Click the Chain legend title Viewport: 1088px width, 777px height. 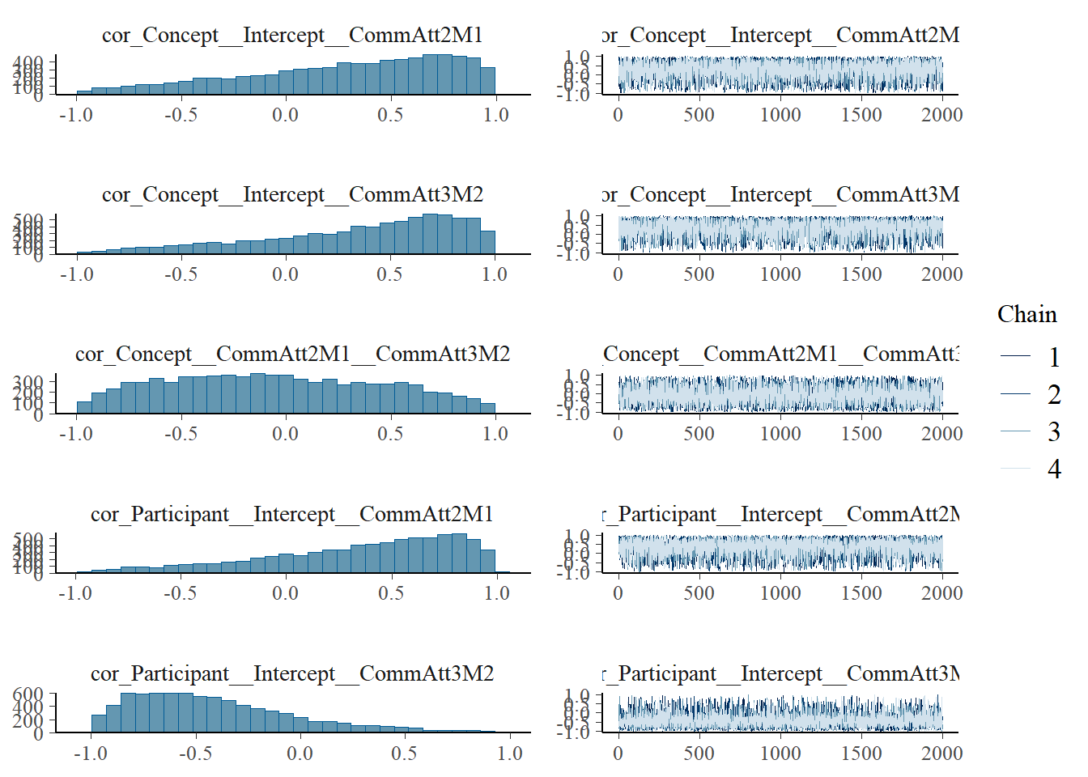(1026, 314)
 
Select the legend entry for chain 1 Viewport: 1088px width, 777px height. (1053, 357)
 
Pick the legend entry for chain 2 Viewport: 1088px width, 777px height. (1053, 394)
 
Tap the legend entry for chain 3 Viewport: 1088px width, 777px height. (1053, 431)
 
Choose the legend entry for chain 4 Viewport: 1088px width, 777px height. (1053, 469)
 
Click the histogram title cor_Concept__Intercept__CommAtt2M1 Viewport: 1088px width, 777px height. (292, 35)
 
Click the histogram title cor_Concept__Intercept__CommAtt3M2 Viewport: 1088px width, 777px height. (292, 194)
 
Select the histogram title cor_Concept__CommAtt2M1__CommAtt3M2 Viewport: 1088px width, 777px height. (292, 354)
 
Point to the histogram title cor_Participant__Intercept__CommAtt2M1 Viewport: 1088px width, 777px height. (292, 514)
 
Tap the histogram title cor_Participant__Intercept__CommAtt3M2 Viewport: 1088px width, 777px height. (292, 673)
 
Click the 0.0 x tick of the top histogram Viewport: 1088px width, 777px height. (285, 115)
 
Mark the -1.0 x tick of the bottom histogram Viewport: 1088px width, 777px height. (90, 754)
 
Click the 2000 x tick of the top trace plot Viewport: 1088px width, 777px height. (941, 115)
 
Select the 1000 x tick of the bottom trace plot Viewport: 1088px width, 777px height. (780, 754)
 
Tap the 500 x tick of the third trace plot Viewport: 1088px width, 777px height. (699, 434)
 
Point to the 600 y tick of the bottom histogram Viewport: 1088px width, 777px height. (28, 694)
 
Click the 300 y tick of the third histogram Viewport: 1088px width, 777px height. (28, 382)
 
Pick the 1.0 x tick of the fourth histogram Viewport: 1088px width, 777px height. (496, 593)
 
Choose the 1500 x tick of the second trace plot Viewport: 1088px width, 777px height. (861, 274)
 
